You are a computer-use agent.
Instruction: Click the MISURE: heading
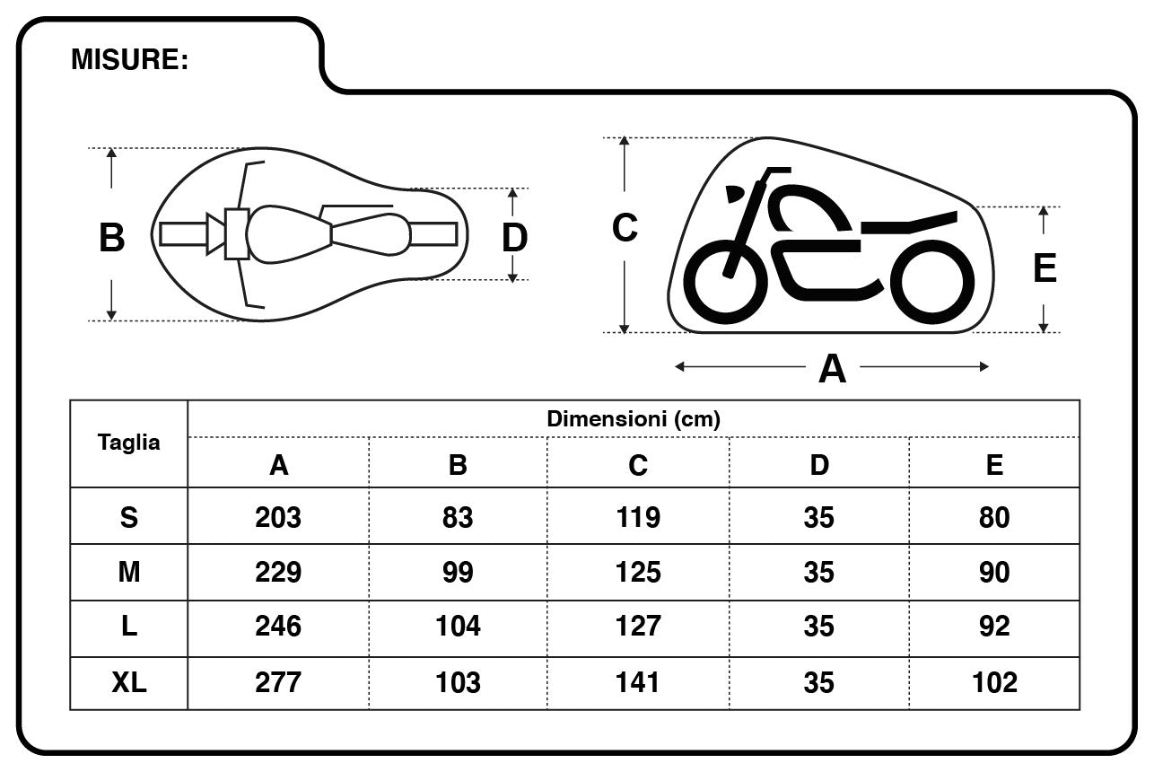(129, 60)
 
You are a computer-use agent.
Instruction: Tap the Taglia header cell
(129, 443)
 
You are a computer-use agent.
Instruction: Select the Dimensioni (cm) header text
(634, 418)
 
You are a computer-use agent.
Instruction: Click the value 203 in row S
(278, 517)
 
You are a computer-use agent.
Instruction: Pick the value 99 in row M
(458, 572)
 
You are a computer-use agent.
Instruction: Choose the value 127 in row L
(638, 627)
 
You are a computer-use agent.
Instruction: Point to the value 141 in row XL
(638, 682)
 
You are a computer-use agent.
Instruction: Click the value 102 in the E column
(994, 682)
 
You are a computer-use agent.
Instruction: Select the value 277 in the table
(278, 682)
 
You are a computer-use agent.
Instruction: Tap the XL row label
(129, 682)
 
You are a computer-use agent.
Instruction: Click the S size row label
(129, 517)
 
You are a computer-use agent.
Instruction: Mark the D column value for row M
(818, 572)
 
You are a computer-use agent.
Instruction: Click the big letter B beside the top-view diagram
(111, 239)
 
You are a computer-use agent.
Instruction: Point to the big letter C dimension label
(625, 228)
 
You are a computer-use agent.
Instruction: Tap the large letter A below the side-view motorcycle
(832, 369)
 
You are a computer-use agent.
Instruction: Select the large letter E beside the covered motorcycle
(1045, 269)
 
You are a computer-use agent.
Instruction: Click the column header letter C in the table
(638, 464)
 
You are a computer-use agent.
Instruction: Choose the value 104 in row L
(458, 627)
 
